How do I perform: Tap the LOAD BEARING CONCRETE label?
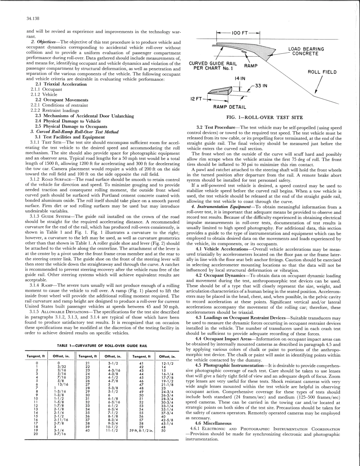(306, 51)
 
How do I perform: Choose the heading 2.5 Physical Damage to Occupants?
(71, 126)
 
